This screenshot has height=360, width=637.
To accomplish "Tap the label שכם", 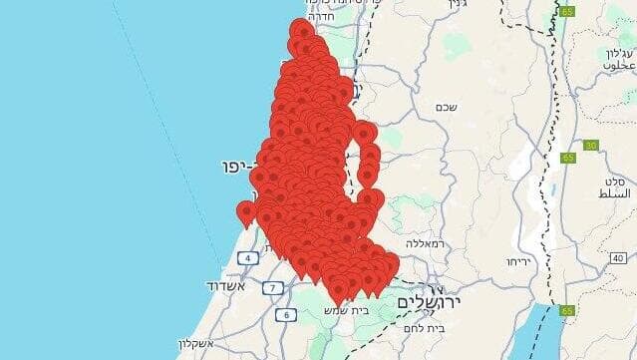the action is [x=445, y=106].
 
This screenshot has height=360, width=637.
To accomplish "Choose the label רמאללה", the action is [x=425, y=242].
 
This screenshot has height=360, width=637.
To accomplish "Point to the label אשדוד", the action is [x=225, y=286].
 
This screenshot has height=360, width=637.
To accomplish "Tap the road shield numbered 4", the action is [x=246, y=259].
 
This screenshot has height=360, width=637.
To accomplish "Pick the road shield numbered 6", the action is [x=286, y=315].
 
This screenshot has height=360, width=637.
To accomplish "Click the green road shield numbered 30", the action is [x=591, y=146].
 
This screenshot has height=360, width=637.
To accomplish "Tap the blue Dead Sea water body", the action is [x=535, y=334].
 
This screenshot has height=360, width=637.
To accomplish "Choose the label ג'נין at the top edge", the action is [x=458, y=5].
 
